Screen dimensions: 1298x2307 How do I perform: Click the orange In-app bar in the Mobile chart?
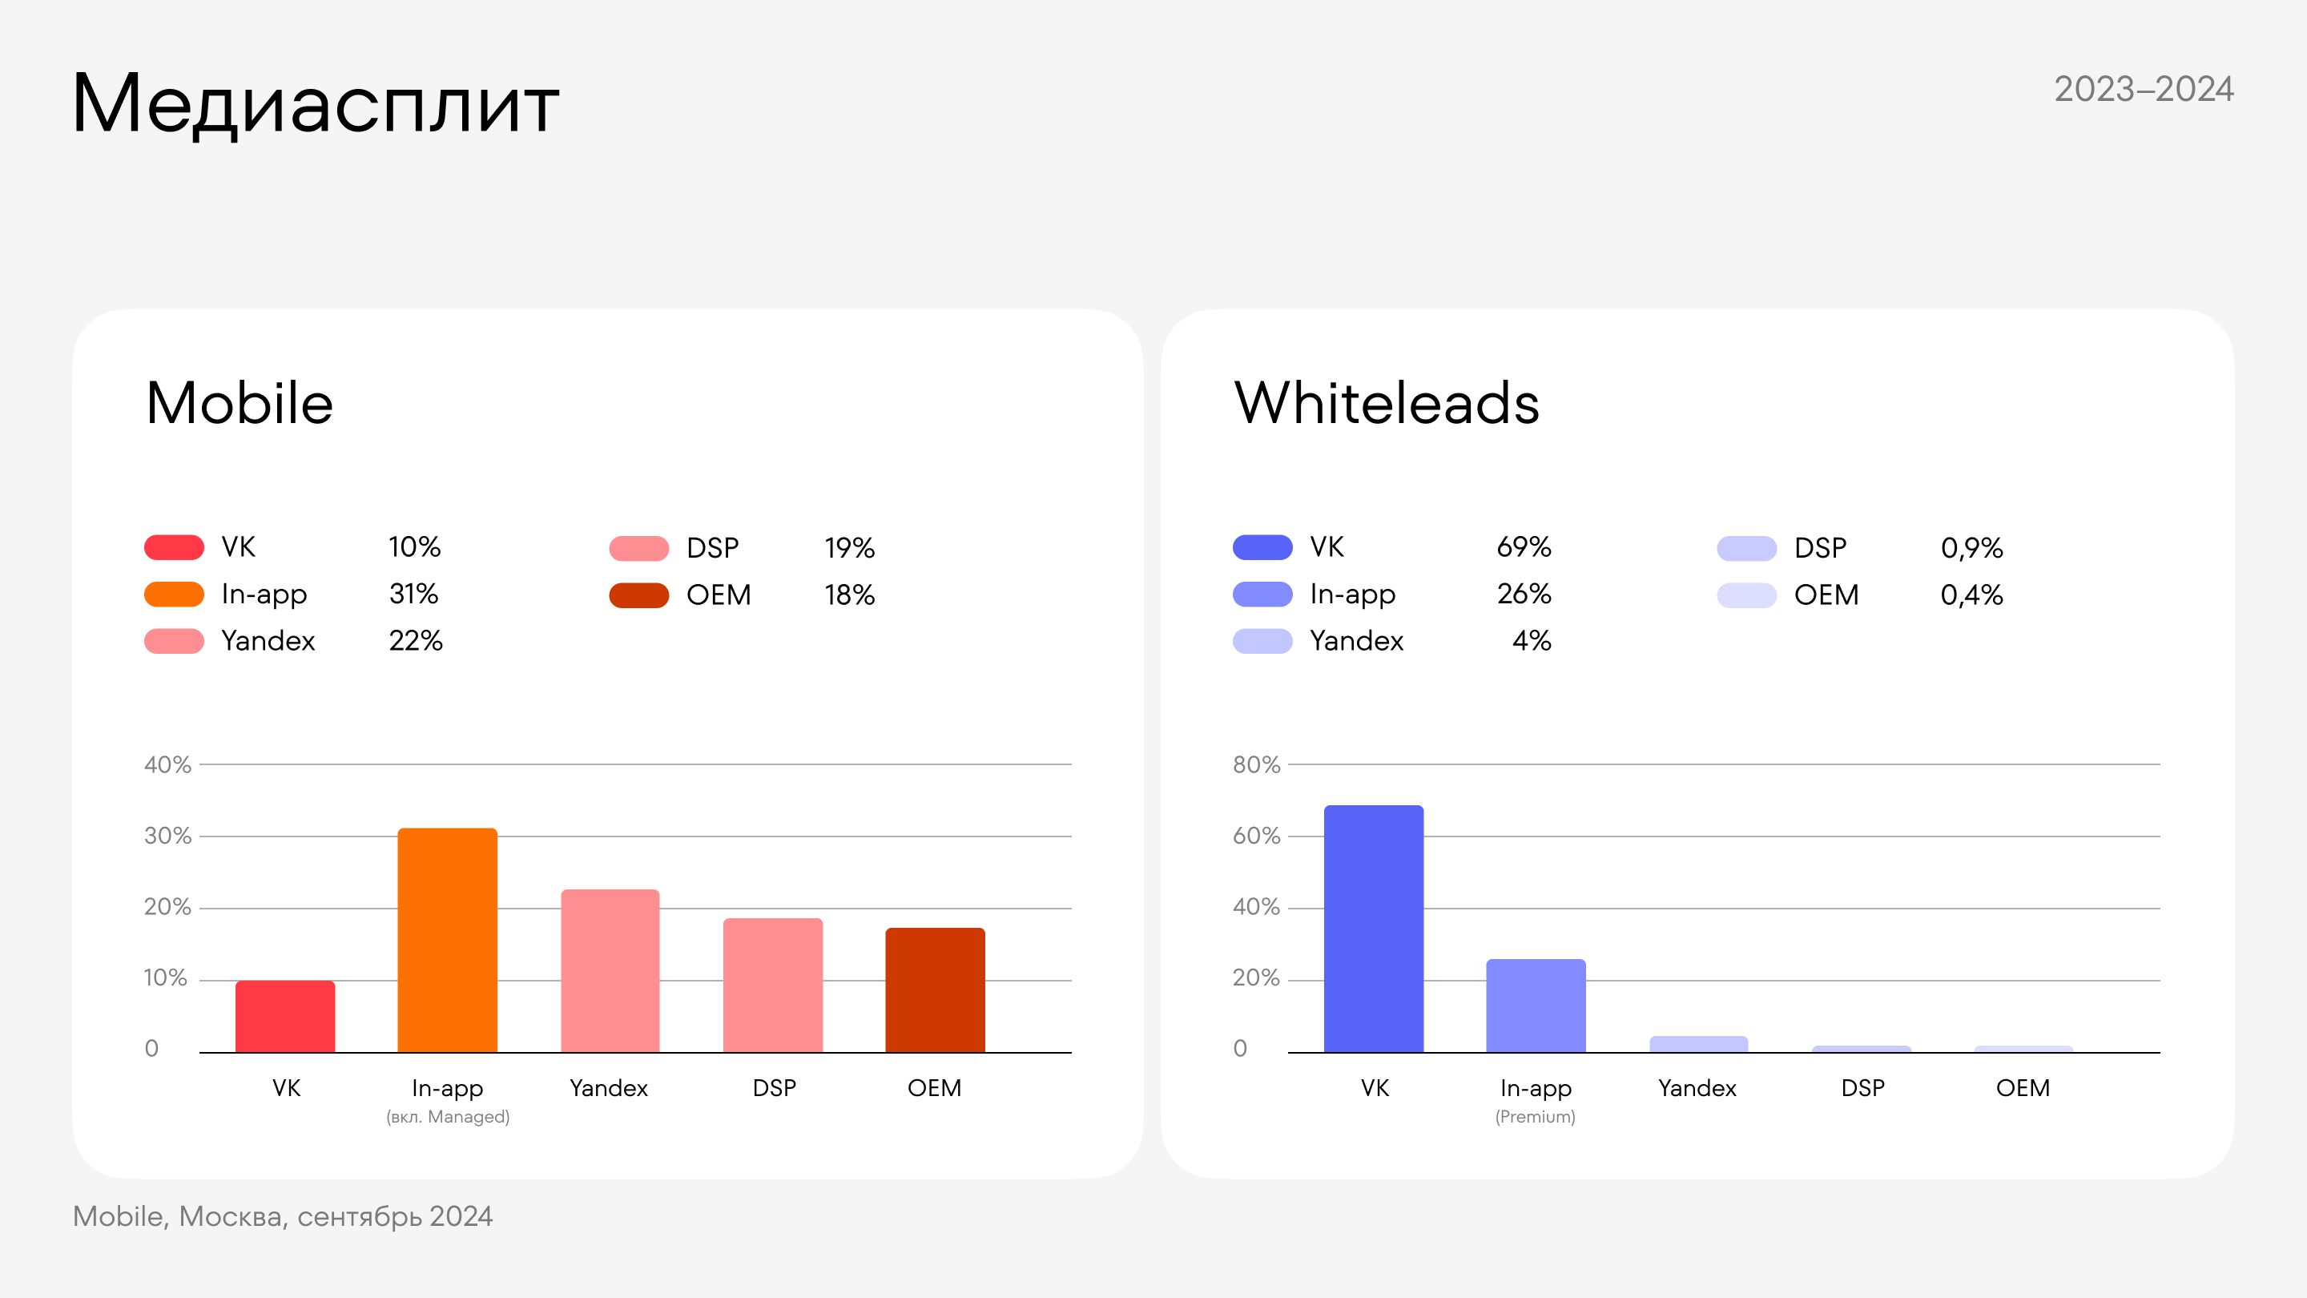(x=447, y=940)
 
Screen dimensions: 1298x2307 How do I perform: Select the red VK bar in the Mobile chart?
(x=285, y=1016)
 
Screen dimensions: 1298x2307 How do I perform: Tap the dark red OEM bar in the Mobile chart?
(x=935, y=990)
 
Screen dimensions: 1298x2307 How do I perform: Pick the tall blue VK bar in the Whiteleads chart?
(x=1373, y=928)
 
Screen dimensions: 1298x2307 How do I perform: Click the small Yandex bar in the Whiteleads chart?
(x=1698, y=1043)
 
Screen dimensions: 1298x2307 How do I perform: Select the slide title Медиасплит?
(x=316, y=104)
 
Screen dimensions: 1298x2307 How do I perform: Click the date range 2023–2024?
(x=2143, y=90)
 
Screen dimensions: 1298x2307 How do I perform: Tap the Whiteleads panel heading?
(x=1387, y=403)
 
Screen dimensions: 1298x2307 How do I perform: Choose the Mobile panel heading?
(x=240, y=403)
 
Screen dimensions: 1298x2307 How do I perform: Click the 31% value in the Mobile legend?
(x=414, y=594)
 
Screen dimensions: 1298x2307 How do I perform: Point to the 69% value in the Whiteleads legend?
(x=1524, y=547)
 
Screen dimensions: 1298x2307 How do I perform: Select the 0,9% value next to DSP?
(x=1971, y=548)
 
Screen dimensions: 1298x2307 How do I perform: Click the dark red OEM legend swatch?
(x=638, y=595)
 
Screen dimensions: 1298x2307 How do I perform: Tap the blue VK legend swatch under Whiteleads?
(x=1262, y=547)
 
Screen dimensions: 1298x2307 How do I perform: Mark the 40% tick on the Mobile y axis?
(x=167, y=765)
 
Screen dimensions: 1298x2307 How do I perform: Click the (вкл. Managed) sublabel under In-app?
(x=448, y=1117)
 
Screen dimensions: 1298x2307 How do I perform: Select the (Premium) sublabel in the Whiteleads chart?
(x=1535, y=1117)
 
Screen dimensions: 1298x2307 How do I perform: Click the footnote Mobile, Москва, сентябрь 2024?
(x=282, y=1216)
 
